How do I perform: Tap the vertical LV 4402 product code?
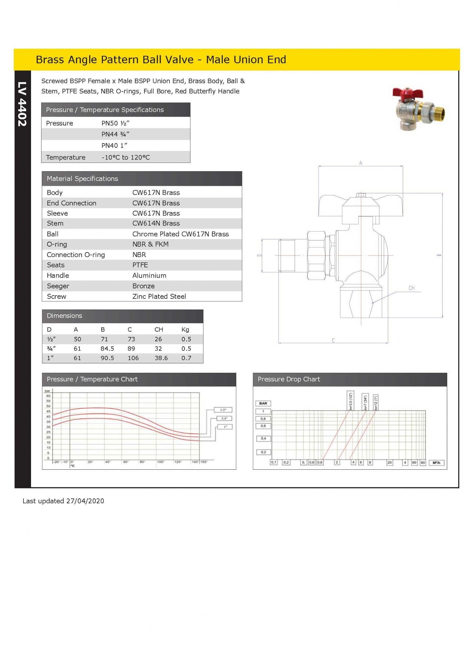coord(22,104)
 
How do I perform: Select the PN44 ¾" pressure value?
coord(115,134)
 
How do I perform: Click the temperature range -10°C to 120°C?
coord(125,157)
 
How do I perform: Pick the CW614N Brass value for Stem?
coord(156,223)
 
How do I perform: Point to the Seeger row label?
coord(58,286)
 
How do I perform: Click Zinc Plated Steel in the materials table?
coord(159,296)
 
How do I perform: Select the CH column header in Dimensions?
coord(158,329)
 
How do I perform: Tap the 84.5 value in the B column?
coord(107,349)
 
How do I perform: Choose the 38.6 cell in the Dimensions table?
coord(161,358)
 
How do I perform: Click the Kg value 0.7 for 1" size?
coord(186,358)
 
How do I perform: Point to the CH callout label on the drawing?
coord(412,288)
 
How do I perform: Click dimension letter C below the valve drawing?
coord(333,341)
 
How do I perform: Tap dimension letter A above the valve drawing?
coord(361,163)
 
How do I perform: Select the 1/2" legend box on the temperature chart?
coord(223,410)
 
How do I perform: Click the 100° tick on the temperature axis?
coord(160,462)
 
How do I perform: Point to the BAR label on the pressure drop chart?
coord(263,403)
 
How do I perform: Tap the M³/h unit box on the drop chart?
coord(436,463)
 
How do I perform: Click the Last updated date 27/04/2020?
coord(85,501)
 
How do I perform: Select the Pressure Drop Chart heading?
coord(289,379)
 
